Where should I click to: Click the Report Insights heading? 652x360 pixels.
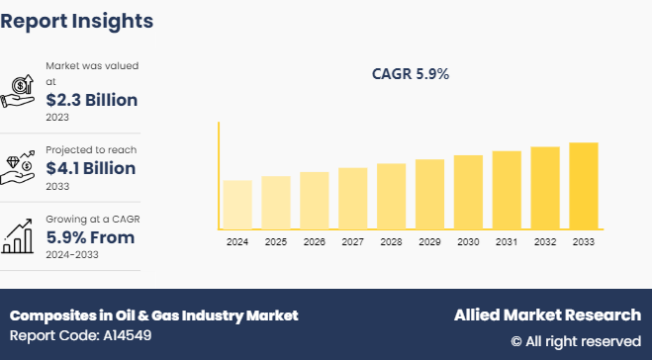point(77,21)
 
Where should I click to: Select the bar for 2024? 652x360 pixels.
point(237,204)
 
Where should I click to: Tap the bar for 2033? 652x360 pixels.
point(584,186)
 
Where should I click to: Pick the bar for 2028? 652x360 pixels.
point(391,196)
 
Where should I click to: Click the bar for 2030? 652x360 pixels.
point(468,192)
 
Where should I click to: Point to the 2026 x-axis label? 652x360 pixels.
point(314,242)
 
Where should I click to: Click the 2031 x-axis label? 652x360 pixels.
point(507,242)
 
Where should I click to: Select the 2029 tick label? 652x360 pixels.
point(429,242)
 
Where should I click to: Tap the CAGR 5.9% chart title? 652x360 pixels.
point(410,73)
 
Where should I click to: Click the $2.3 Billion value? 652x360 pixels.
point(92,100)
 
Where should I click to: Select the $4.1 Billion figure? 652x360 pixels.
point(91,168)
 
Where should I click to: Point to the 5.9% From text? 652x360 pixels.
point(90,237)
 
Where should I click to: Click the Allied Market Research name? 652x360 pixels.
point(547,315)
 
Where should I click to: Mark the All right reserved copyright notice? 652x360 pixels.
point(576,341)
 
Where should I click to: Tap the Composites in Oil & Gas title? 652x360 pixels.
point(153,315)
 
